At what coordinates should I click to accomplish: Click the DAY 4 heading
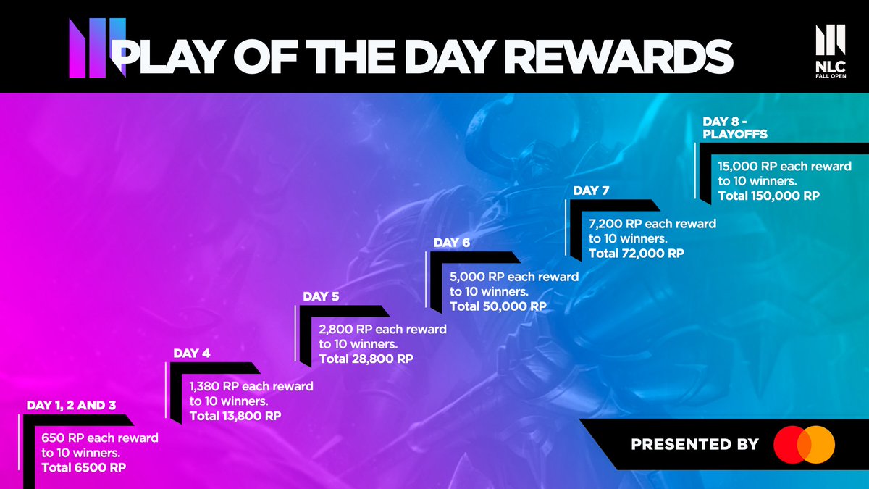pyautogui.click(x=191, y=354)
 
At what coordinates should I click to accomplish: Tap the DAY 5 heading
pyautogui.click(x=321, y=296)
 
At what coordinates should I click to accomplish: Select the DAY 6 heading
pyautogui.click(x=452, y=243)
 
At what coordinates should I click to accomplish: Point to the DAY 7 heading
pyautogui.click(x=591, y=191)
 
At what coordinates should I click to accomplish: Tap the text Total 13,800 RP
pyautogui.click(x=235, y=416)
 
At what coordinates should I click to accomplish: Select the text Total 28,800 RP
pyautogui.click(x=366, y=359)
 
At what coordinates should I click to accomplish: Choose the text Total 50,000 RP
pyautogui.click(x=498, y=306)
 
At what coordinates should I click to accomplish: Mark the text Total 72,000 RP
pyautogui.click(x=637, y=254)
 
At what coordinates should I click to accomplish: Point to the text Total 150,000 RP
pyautogui.click(x=768, y=196)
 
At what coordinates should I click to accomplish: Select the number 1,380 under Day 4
pyautogui.click(x=206, y=386)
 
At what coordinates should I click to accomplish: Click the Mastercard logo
pyautogui.click(x=804, y=444)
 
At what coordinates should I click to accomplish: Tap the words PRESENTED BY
pyautogui.click(x=694, y=444)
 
